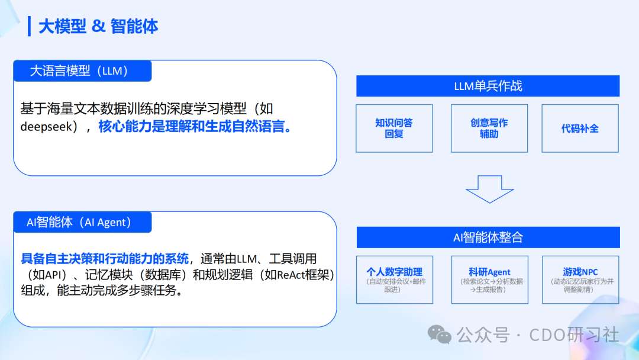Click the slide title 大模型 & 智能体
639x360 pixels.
(x=98, y=27)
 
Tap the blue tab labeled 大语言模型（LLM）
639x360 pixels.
(x=82, y=71)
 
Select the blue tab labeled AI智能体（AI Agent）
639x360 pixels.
(x=82, y=222)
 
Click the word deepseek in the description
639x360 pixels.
(x=46, y=127)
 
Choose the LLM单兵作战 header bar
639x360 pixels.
(x=488, y=86)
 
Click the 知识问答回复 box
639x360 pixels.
(x=394, y=128)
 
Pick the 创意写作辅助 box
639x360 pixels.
(x=489, y=128)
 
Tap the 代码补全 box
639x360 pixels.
(x=580, y=128)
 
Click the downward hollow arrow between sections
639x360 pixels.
(x=489, y=188)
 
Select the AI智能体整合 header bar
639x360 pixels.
(x=488, y=237)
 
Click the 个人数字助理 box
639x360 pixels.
(x=394, y=279)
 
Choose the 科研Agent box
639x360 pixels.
(x=489, y=279)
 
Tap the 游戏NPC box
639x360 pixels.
(x=580, y=279)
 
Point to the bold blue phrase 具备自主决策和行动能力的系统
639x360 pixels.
(x=105, y=259)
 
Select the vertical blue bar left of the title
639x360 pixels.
(x=29, y=26)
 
